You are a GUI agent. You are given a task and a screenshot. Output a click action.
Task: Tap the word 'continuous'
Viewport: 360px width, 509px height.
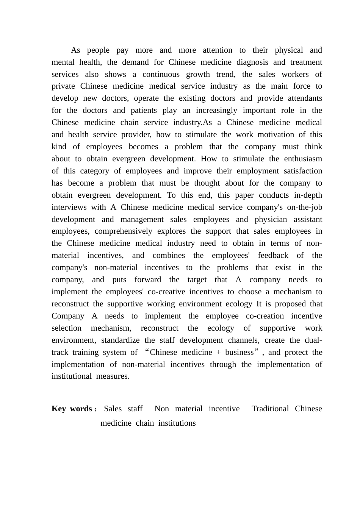tap(161, 75)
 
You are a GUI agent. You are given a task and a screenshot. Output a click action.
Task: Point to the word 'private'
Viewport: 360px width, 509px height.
tap(63, 86)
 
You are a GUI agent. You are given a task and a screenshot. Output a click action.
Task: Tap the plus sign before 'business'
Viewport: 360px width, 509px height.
tap(219, 353)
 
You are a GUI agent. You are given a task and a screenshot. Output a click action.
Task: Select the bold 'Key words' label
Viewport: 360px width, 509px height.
tap(72, 409)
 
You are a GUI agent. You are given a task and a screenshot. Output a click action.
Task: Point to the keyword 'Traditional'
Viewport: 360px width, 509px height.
tap(270, 409)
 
